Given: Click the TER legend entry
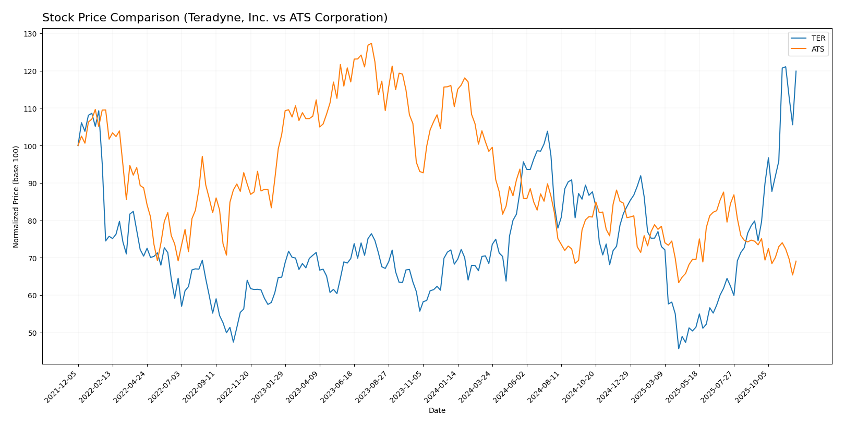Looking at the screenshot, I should pyautogui.click(x=818, y=39).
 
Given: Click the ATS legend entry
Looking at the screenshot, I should pyautogui.click(x=818, y=49).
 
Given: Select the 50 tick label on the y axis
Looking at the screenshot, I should pyautogui.click(x=32, y=333).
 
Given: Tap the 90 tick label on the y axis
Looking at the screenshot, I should pyautogui.click(x=32, y=184).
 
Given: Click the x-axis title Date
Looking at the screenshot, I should pyautogui.click(x=437, y=411).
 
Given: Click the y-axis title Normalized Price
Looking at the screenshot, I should pyautogui.click(x=16, y=197).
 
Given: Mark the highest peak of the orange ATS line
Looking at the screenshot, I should pyautogui.click(x=371, y=43).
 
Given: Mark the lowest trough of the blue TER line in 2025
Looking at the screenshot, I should pyautogui.click(x=679, y=348).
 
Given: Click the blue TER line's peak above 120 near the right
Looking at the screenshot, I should pyautogui.click(x=786, y=67).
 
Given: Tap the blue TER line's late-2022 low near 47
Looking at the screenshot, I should pyautogui.click(x=233, y=342).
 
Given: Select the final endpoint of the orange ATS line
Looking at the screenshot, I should pyautogui.click(x=796, y=261).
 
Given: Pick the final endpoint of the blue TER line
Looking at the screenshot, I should pyautogui.click(x=796, y=71).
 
